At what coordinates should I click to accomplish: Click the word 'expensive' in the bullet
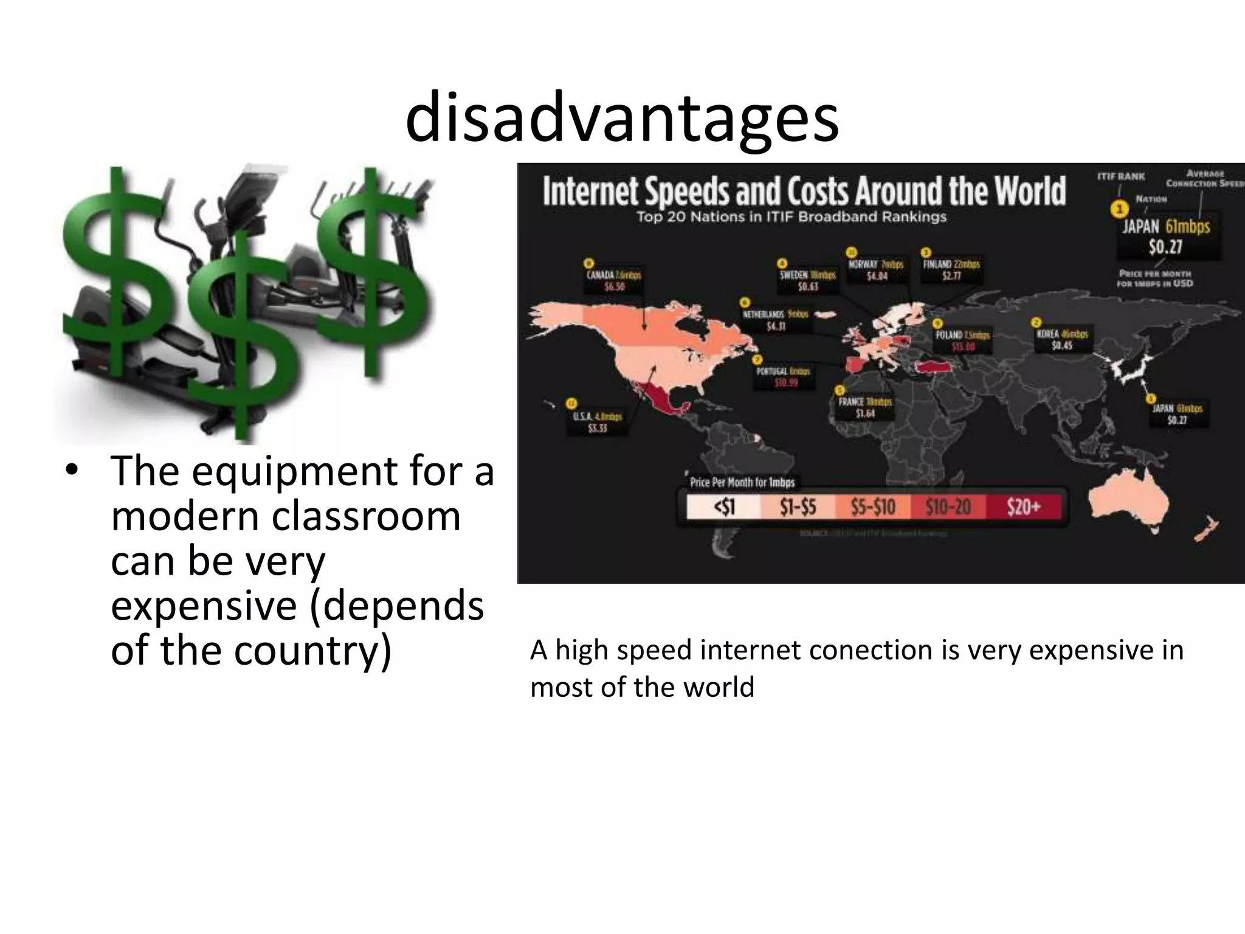coord(204,606)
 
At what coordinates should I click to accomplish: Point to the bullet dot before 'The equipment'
coord(74,471)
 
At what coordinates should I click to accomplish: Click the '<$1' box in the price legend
coord(723,507)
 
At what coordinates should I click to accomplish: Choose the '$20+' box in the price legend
coord(1024,507)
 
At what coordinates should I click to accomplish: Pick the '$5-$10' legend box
coord(873,507)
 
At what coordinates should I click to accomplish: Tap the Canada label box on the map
coord(614,280)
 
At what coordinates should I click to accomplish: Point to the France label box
coord(864,408)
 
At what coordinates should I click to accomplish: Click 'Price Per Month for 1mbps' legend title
coord(742,483)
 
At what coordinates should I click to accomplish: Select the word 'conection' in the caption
coord(871,651)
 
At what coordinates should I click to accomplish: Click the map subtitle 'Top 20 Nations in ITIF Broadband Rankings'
coord(791,217)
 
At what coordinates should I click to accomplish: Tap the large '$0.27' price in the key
coord(1165,247)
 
